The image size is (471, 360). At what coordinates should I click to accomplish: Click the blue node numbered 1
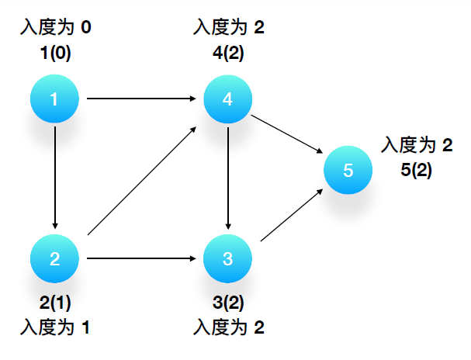[x=55, y=99]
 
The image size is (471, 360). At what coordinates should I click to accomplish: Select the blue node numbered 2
[x=55, y=258]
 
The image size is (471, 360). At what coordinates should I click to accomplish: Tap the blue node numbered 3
[x=227, y=258]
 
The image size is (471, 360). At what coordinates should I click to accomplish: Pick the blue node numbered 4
[x=227, y=99]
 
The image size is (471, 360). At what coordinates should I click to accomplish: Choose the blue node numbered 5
[x=348, y=171]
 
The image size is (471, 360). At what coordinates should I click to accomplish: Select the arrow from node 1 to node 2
[x=55, y=178]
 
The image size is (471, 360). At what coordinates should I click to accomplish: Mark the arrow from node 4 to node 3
[x=227, y=178]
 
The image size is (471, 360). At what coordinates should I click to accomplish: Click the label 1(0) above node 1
[x=55, y=56]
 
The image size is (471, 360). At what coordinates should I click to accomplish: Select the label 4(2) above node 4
[x=228, y=56]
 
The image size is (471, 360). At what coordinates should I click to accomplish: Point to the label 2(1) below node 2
[x=55, y=303]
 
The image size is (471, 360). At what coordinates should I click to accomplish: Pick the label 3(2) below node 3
[x=228, y=303]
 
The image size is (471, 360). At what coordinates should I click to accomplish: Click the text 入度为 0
[x=55, y=29]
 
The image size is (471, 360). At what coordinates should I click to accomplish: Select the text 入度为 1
[x=55, y=327]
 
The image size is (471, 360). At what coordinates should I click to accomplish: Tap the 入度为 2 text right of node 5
[x=417, y=145]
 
